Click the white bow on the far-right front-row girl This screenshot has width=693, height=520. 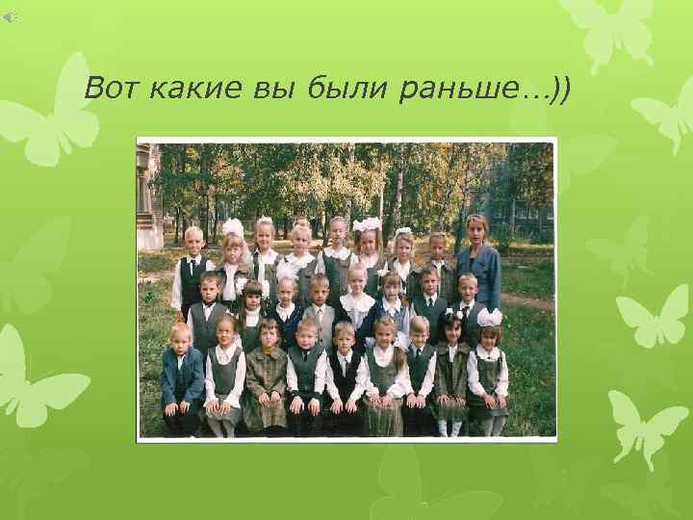click(x=491, y=318)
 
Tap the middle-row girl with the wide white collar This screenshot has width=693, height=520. click(x=357, y=306)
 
